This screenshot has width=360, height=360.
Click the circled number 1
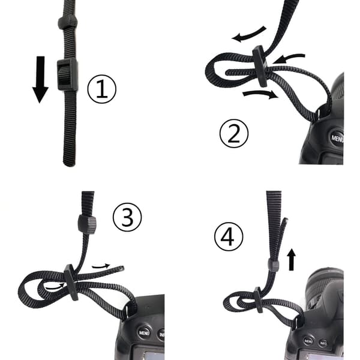point(102,89)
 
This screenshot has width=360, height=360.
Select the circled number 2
point(234,133)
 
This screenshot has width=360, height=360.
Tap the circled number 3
point(127,217)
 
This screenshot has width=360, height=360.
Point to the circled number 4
point(229,237)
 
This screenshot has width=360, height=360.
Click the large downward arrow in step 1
point(40,79)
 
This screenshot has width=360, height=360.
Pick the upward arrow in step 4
point(292,259)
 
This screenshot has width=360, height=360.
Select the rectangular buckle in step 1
point(67,74)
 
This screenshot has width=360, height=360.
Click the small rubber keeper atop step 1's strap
point(67,23)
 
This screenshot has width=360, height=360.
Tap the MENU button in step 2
point(337,138)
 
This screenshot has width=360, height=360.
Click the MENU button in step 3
point(144,332)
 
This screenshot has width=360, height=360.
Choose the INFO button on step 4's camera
point(323,343)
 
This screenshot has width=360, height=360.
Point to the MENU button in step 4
point(308,341)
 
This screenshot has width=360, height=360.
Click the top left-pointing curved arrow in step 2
point(248,35)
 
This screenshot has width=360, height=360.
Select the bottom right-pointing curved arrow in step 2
point(260,94)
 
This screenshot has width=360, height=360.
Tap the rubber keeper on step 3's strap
point(87,224)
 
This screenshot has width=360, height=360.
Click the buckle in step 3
point(71,283)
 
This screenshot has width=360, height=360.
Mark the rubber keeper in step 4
point(274,266)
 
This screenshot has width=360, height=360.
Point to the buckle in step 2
point(260,66)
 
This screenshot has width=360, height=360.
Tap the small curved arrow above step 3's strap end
point(101,266)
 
